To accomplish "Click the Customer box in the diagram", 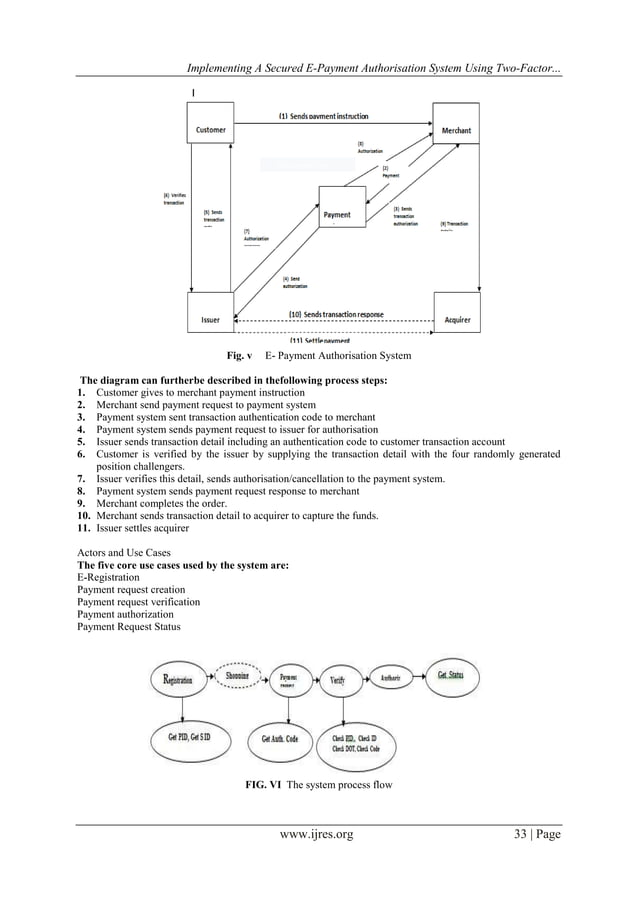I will (211, 128).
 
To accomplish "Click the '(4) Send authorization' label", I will (296, 281).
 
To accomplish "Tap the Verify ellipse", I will (338, 680).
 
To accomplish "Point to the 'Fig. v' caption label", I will (236, 355).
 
